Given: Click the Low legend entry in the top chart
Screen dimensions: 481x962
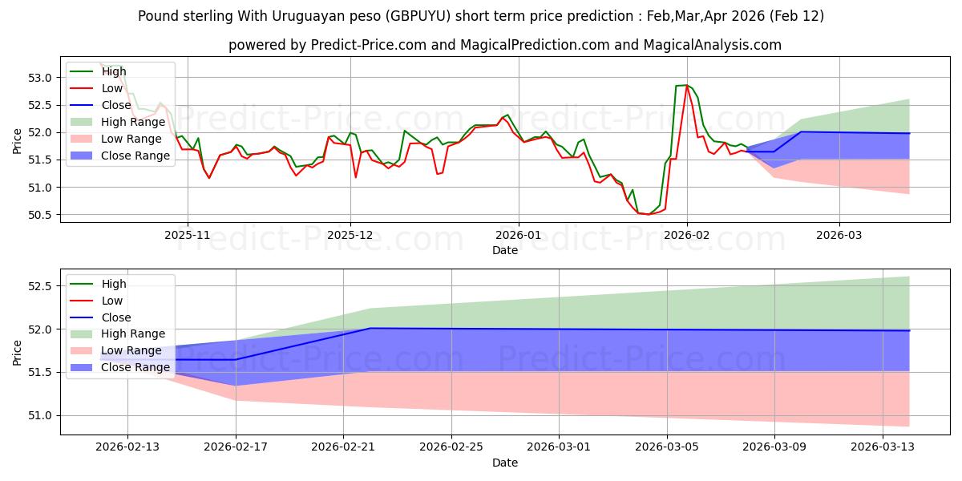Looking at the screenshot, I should pyautogui.click(x=112, y=88).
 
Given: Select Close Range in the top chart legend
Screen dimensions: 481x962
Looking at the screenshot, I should pyautogui.click(x=135, y=156).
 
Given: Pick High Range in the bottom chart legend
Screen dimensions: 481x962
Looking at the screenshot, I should pyautogui.click(x=133, y=333).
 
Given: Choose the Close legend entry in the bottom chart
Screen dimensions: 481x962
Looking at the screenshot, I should pyautogui.click(x=115, y=317).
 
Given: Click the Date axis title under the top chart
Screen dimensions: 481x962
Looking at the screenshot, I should pyautogui.click(x=505, y=251).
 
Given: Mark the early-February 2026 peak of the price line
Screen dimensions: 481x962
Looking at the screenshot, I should pyautogui.click(x=686, y=85).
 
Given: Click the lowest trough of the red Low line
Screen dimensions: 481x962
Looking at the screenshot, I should pyautogui.click(x=648, y=215).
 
